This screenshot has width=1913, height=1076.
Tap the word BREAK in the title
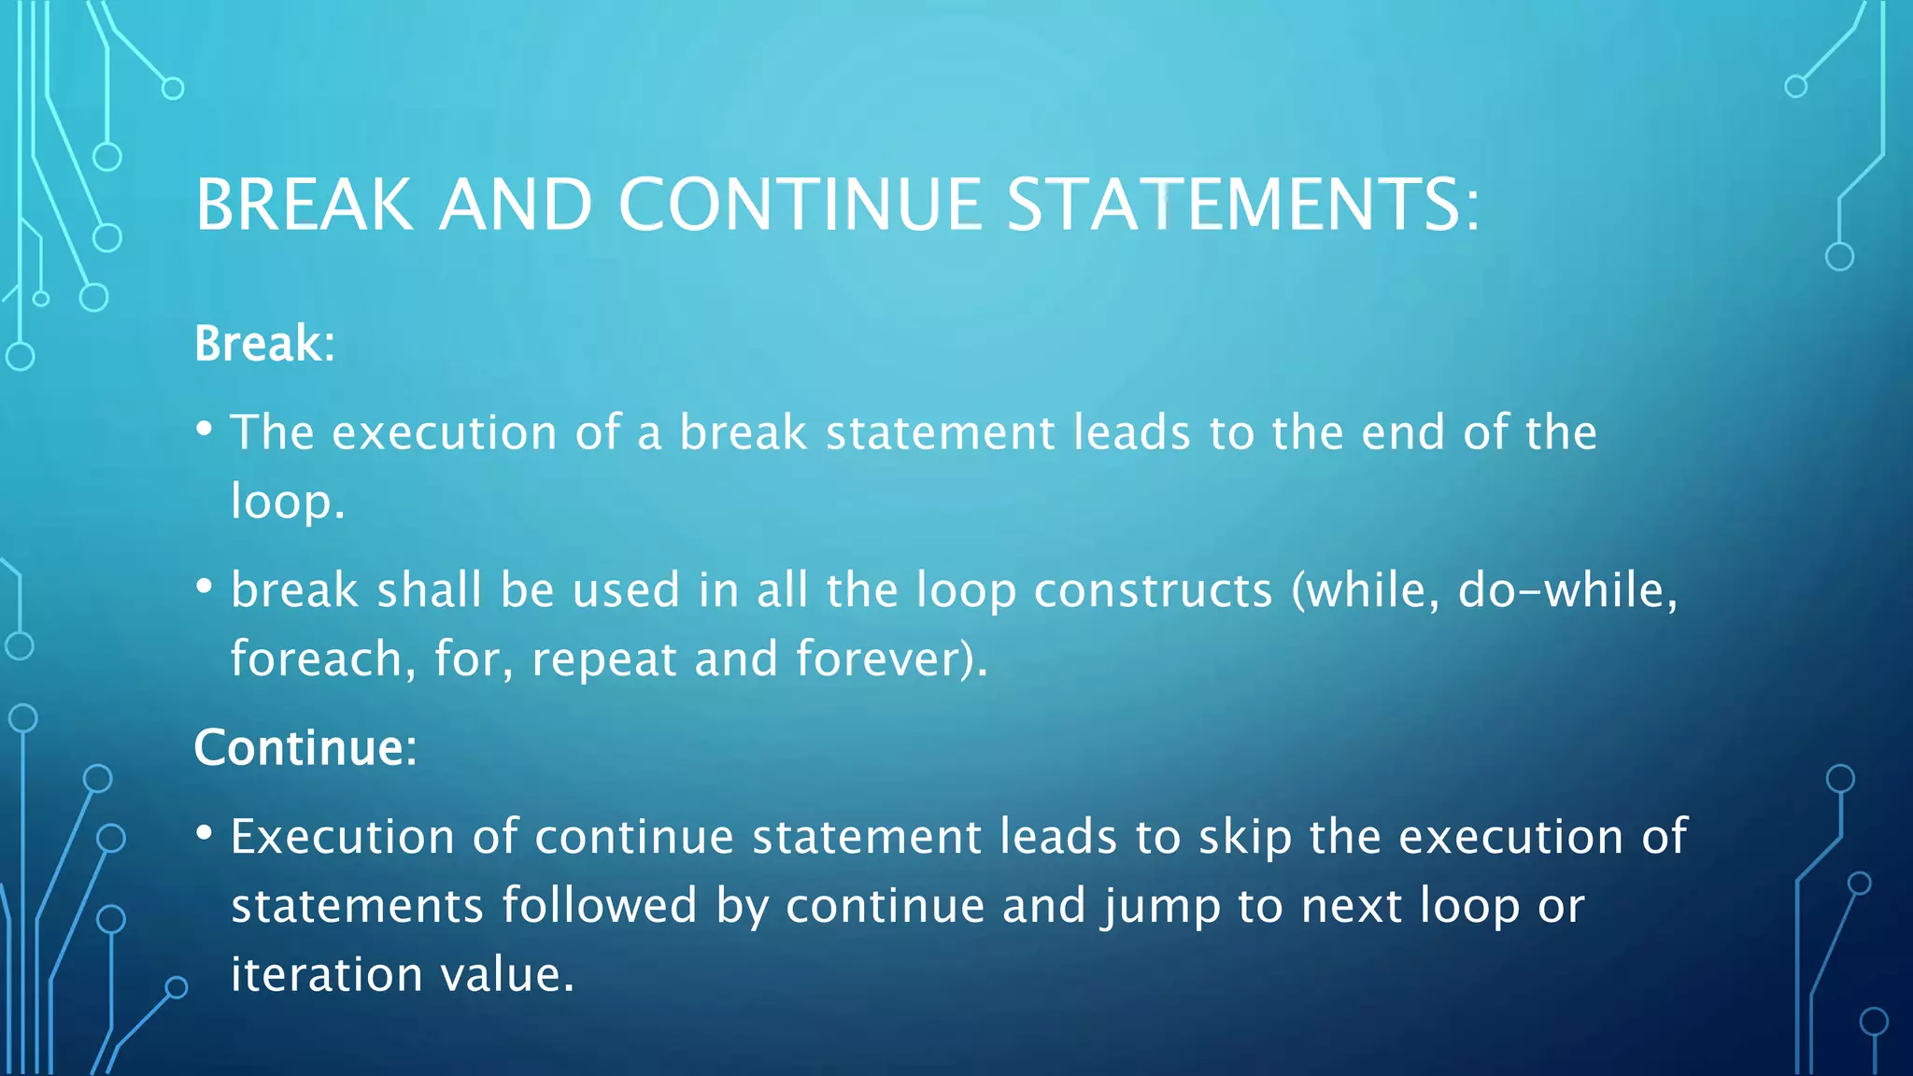[305, 205]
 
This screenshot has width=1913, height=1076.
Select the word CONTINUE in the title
[800, 205]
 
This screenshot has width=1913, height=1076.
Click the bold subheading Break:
[264, 343]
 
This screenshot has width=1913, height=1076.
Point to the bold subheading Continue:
[305, 747]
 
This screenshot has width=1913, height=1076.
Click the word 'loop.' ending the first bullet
[288, 502]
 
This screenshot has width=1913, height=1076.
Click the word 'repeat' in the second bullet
[604, 658]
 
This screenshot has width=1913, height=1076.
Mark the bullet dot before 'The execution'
[205, 430]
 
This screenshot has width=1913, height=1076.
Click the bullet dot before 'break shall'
[205, 588]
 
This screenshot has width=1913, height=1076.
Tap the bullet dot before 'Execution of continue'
[205, 833]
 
